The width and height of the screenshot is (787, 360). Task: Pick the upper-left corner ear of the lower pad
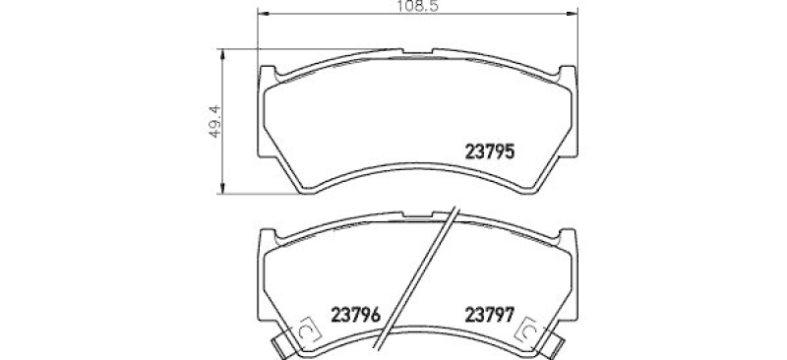(269, 237)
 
